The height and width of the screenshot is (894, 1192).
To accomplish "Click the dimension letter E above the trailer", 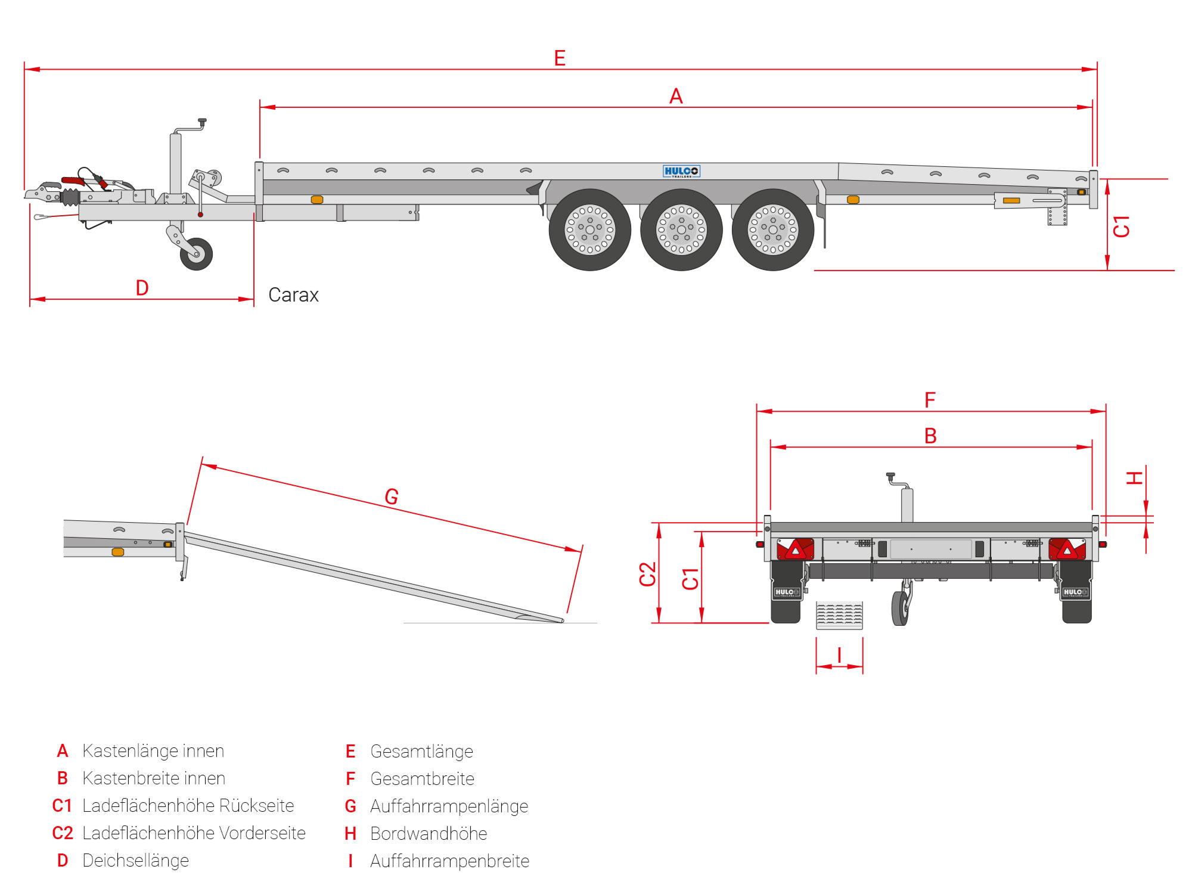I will (559, 58).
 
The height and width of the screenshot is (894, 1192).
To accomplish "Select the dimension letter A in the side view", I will (675, 96).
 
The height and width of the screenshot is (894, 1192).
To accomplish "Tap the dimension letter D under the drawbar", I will (142, 288).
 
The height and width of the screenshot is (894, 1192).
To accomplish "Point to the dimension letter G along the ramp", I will (391, 496).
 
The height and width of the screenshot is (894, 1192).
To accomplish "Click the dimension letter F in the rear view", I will (930, 400).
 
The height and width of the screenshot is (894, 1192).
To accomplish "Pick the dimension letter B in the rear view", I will (930, 436).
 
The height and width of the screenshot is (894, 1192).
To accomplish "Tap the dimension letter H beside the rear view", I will (1134, 477).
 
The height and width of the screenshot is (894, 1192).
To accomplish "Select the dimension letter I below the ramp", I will (839, 655).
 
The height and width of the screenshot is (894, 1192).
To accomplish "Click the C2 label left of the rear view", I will (647, 574).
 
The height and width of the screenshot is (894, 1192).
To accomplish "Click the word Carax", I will (293, 295).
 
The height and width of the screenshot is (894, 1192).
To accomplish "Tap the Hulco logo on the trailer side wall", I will (681, 172).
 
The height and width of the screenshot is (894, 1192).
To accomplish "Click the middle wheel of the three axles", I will (681, 229).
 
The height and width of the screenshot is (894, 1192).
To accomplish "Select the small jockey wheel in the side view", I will (196, 254).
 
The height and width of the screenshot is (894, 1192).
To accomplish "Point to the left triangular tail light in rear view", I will (795, 549).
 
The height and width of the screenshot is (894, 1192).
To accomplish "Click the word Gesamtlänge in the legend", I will (421, 752).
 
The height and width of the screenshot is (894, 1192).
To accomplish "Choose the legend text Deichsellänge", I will (135, 861).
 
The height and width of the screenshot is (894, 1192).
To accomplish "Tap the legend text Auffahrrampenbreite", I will (449, 861).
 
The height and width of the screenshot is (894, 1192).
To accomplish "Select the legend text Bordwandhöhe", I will (429, 834).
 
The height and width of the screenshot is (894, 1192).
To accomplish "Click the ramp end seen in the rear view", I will (839, 615).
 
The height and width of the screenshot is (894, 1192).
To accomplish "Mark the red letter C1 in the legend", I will (62, 806).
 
